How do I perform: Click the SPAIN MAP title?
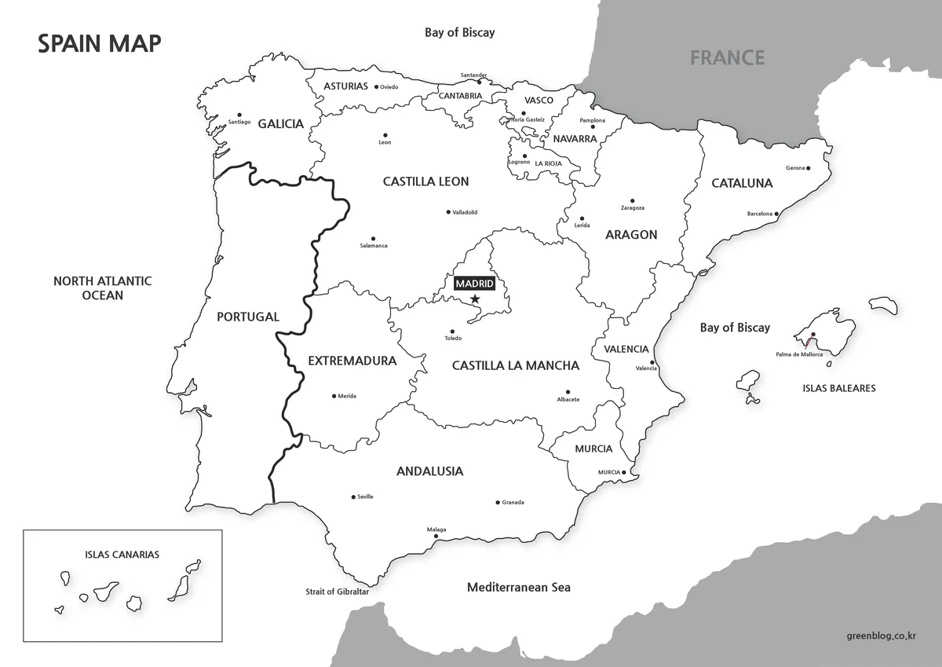tap(100, 44)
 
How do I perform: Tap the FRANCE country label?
tap(727, 57)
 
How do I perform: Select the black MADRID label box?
tap(475, 283)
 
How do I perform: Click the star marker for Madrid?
tap(475, 299)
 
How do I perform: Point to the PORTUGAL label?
tap(247, 317)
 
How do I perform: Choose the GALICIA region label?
tap(280, 124)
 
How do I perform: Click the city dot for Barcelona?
tap(776, 214)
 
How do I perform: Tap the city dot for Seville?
tap(353, 497)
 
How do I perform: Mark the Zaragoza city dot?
tap(632, 200)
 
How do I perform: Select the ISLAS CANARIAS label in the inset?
tap(122, 555)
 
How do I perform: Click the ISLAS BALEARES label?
tap(838, 388)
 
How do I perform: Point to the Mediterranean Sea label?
tap(518, 588)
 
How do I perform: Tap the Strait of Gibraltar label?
tap(337, 592)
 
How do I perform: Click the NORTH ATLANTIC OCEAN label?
tap(102, 288)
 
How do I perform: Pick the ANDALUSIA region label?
tap(429, 471)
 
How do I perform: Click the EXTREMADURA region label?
tap(352, 361)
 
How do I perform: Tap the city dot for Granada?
tap(497, 502)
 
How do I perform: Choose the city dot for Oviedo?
tap(377, 87)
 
